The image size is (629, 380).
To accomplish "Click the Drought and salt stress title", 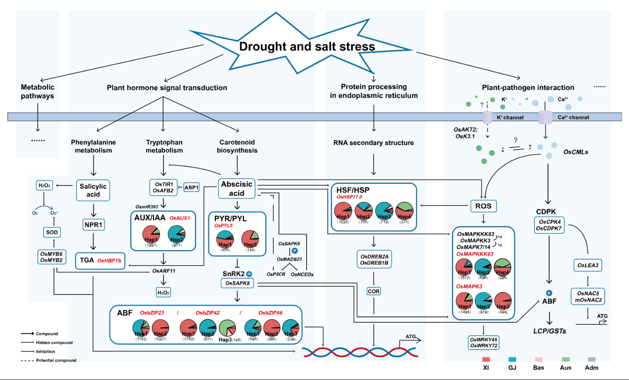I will point(307,47).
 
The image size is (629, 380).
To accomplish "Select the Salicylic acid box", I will point(93,190).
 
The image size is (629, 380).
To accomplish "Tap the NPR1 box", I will point(93,225).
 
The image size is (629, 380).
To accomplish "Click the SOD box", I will point(52,232).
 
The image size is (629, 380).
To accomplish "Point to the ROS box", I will point(483,206).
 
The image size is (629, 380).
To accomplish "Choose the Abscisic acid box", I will point(237,189).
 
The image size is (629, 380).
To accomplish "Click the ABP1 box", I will point(191,187).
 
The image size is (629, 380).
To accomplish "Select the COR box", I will point(374,291).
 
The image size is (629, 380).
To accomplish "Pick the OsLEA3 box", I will point(588,265).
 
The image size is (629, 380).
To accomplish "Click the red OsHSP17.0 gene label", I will point(349,197).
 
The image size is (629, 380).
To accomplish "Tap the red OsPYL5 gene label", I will point(224,226).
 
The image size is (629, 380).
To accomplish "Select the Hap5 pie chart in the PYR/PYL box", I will point(250,239).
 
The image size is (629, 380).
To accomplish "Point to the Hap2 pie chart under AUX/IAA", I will point(177,234).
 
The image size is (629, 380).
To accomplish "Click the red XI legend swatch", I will point(486,360).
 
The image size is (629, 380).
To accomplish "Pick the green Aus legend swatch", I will point(565,360).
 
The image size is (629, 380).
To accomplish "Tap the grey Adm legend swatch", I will point(592,360).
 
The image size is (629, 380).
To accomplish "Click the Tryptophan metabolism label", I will point(164,146).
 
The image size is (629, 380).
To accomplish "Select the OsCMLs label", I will point(575,152).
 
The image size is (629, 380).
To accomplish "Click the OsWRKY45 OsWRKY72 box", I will point(484,343).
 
